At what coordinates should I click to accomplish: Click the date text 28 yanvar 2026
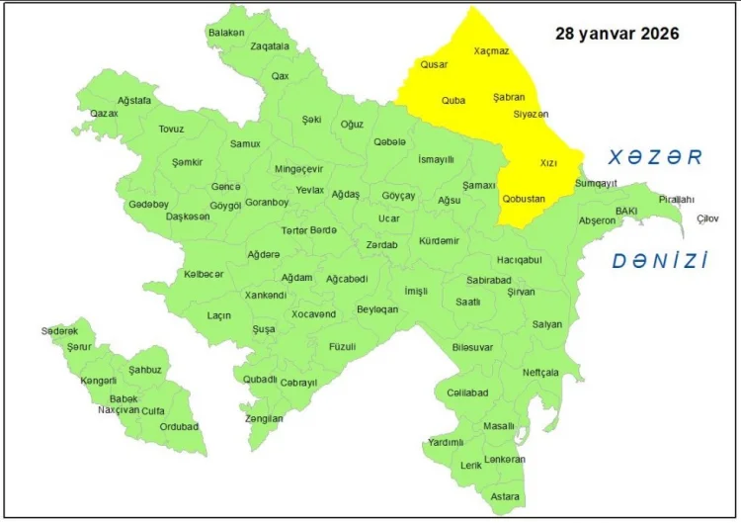click(x=617, y=34)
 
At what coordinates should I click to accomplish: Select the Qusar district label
click(x=434, y=64)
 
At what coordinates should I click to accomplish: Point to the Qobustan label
click(x=524, y=199)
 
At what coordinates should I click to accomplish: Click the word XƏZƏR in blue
click(x=654, y=157)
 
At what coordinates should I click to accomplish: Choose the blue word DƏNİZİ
click(x=660, y=261)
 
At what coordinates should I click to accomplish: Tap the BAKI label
click(x=626, y=211)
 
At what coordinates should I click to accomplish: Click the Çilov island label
click(x=707, y=218)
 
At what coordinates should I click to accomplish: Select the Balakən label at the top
click(x=226, y=33)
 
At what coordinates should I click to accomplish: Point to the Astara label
click(x=505, y=496)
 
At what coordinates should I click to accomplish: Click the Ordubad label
click(x=179, y=427)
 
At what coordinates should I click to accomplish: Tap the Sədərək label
click(x=59, y=331)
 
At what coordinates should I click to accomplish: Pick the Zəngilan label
click(x=264, y=418)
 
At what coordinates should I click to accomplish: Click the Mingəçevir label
click(x=298, y=169)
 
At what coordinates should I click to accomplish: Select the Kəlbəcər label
click(x=204, y=274)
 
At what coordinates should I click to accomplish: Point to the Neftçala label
click(x=540, y=372)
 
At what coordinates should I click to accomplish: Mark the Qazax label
click(x=104, y=114)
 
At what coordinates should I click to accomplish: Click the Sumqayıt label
click(x=596, y=183)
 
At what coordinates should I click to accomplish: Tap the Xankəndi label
click(x=266, y=295)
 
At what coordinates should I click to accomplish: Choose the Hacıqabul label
click(x=519, y=260)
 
